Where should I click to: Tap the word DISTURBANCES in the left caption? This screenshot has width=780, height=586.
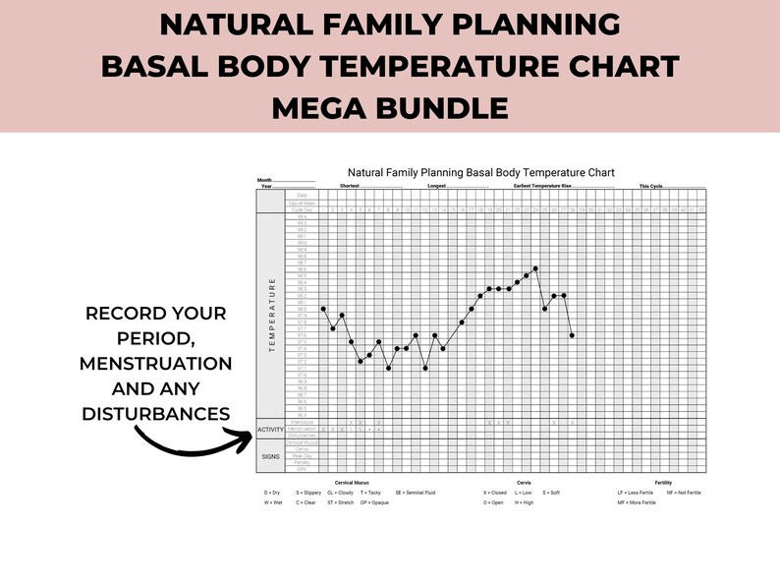pos(156,413)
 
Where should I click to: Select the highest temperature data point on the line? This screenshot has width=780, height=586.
pos(535,267)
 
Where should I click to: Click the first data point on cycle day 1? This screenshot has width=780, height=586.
pos(323,309)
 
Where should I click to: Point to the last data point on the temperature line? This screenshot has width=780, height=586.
pos(573,335)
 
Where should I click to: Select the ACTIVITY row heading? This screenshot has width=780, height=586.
pos(270,430)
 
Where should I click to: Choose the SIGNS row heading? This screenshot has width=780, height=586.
pos(270,456)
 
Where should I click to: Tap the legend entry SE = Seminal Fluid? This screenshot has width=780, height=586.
pos(416,492)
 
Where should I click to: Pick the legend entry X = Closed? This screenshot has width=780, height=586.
pos(495,492)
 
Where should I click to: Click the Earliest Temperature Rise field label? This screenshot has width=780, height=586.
pos(549,185)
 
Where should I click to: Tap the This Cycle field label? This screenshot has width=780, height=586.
pos(651,185)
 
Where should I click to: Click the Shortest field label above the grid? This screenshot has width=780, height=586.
pos(351,185)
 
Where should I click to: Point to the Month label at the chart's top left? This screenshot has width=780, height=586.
pos(264,180)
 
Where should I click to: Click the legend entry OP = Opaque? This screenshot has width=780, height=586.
pos(374,502)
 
